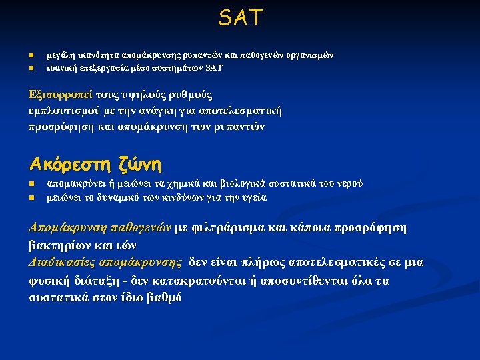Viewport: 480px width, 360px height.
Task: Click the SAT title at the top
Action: click(240, 18)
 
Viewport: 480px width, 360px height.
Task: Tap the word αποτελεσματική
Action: click(244, 111)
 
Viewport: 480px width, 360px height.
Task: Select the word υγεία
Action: click(253, 197)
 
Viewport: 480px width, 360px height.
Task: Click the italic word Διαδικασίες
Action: click(62, 263)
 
